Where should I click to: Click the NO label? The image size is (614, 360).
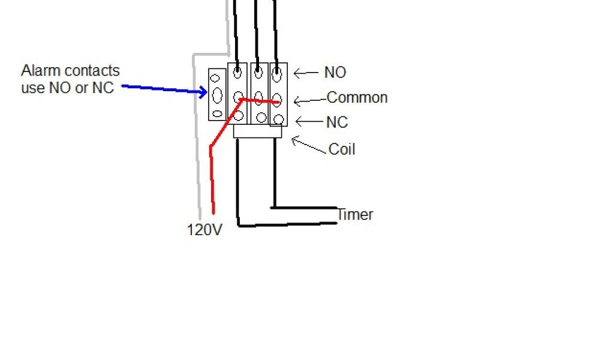point(335,73)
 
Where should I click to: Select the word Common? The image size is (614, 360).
point(357,97)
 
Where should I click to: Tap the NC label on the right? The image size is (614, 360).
point(337,122)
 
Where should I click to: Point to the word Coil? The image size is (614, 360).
point(342,149)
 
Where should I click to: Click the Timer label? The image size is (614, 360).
point(355,214)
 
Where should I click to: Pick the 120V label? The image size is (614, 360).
point(205,229)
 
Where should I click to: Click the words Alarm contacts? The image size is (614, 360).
point(70,71)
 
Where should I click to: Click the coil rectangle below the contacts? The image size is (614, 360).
point(257,131)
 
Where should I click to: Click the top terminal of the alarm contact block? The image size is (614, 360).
point(216,76)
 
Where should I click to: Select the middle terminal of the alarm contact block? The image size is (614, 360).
point(217,94)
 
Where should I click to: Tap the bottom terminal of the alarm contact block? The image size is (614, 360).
point(217,113)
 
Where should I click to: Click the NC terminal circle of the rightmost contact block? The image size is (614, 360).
point(278,119)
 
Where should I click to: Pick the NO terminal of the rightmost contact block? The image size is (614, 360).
point(277,74)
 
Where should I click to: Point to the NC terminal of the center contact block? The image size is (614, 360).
point(260,118)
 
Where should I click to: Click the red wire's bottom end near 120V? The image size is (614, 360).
point(213,211)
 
